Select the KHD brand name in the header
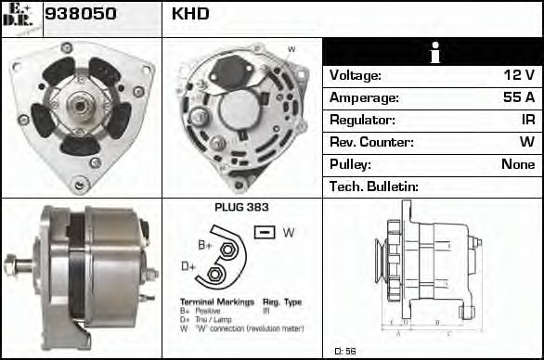(x=190, y=13)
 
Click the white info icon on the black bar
(x=434, y=52)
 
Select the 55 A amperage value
(x=518, y=97)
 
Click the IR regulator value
(x=528, y=120)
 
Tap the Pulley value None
(x=518, y=164)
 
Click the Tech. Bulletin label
(x=374, y=186)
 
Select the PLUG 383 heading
(x=241, y=208)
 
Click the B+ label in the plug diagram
(x=206, y=245)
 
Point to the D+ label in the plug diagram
(x=188, y=266)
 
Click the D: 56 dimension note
(x=344, y=351)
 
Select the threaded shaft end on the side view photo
(x=13, y=264)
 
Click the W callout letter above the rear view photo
(x=291, y=49)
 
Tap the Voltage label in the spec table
(x=356, y=75)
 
